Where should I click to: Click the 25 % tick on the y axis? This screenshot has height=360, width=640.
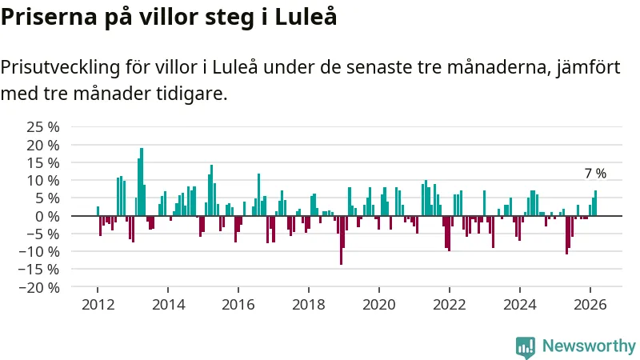(x=43, y=126)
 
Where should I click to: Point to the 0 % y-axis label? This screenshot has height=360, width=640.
(x=49, y=216)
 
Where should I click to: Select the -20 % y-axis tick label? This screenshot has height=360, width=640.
(x=40, y=287)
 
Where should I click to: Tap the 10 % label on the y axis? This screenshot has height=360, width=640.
(x=43, y=180)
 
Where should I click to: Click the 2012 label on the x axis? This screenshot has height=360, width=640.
(x=97, y=304)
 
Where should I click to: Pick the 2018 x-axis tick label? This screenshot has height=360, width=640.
(x=308, y=304)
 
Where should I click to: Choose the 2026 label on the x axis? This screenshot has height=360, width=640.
(x=590, y=304)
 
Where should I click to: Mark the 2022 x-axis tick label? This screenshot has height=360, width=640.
(x=449, y=304)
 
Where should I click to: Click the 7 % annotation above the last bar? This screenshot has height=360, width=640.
(x=595, y=174)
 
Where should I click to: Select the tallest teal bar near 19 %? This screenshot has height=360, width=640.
(x=142, y=182)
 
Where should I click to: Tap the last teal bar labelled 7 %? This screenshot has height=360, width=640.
(x=595, y=203)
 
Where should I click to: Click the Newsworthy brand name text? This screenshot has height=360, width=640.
(x=588, y=346)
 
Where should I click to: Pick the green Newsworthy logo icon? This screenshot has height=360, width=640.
(x=526, y=346)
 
